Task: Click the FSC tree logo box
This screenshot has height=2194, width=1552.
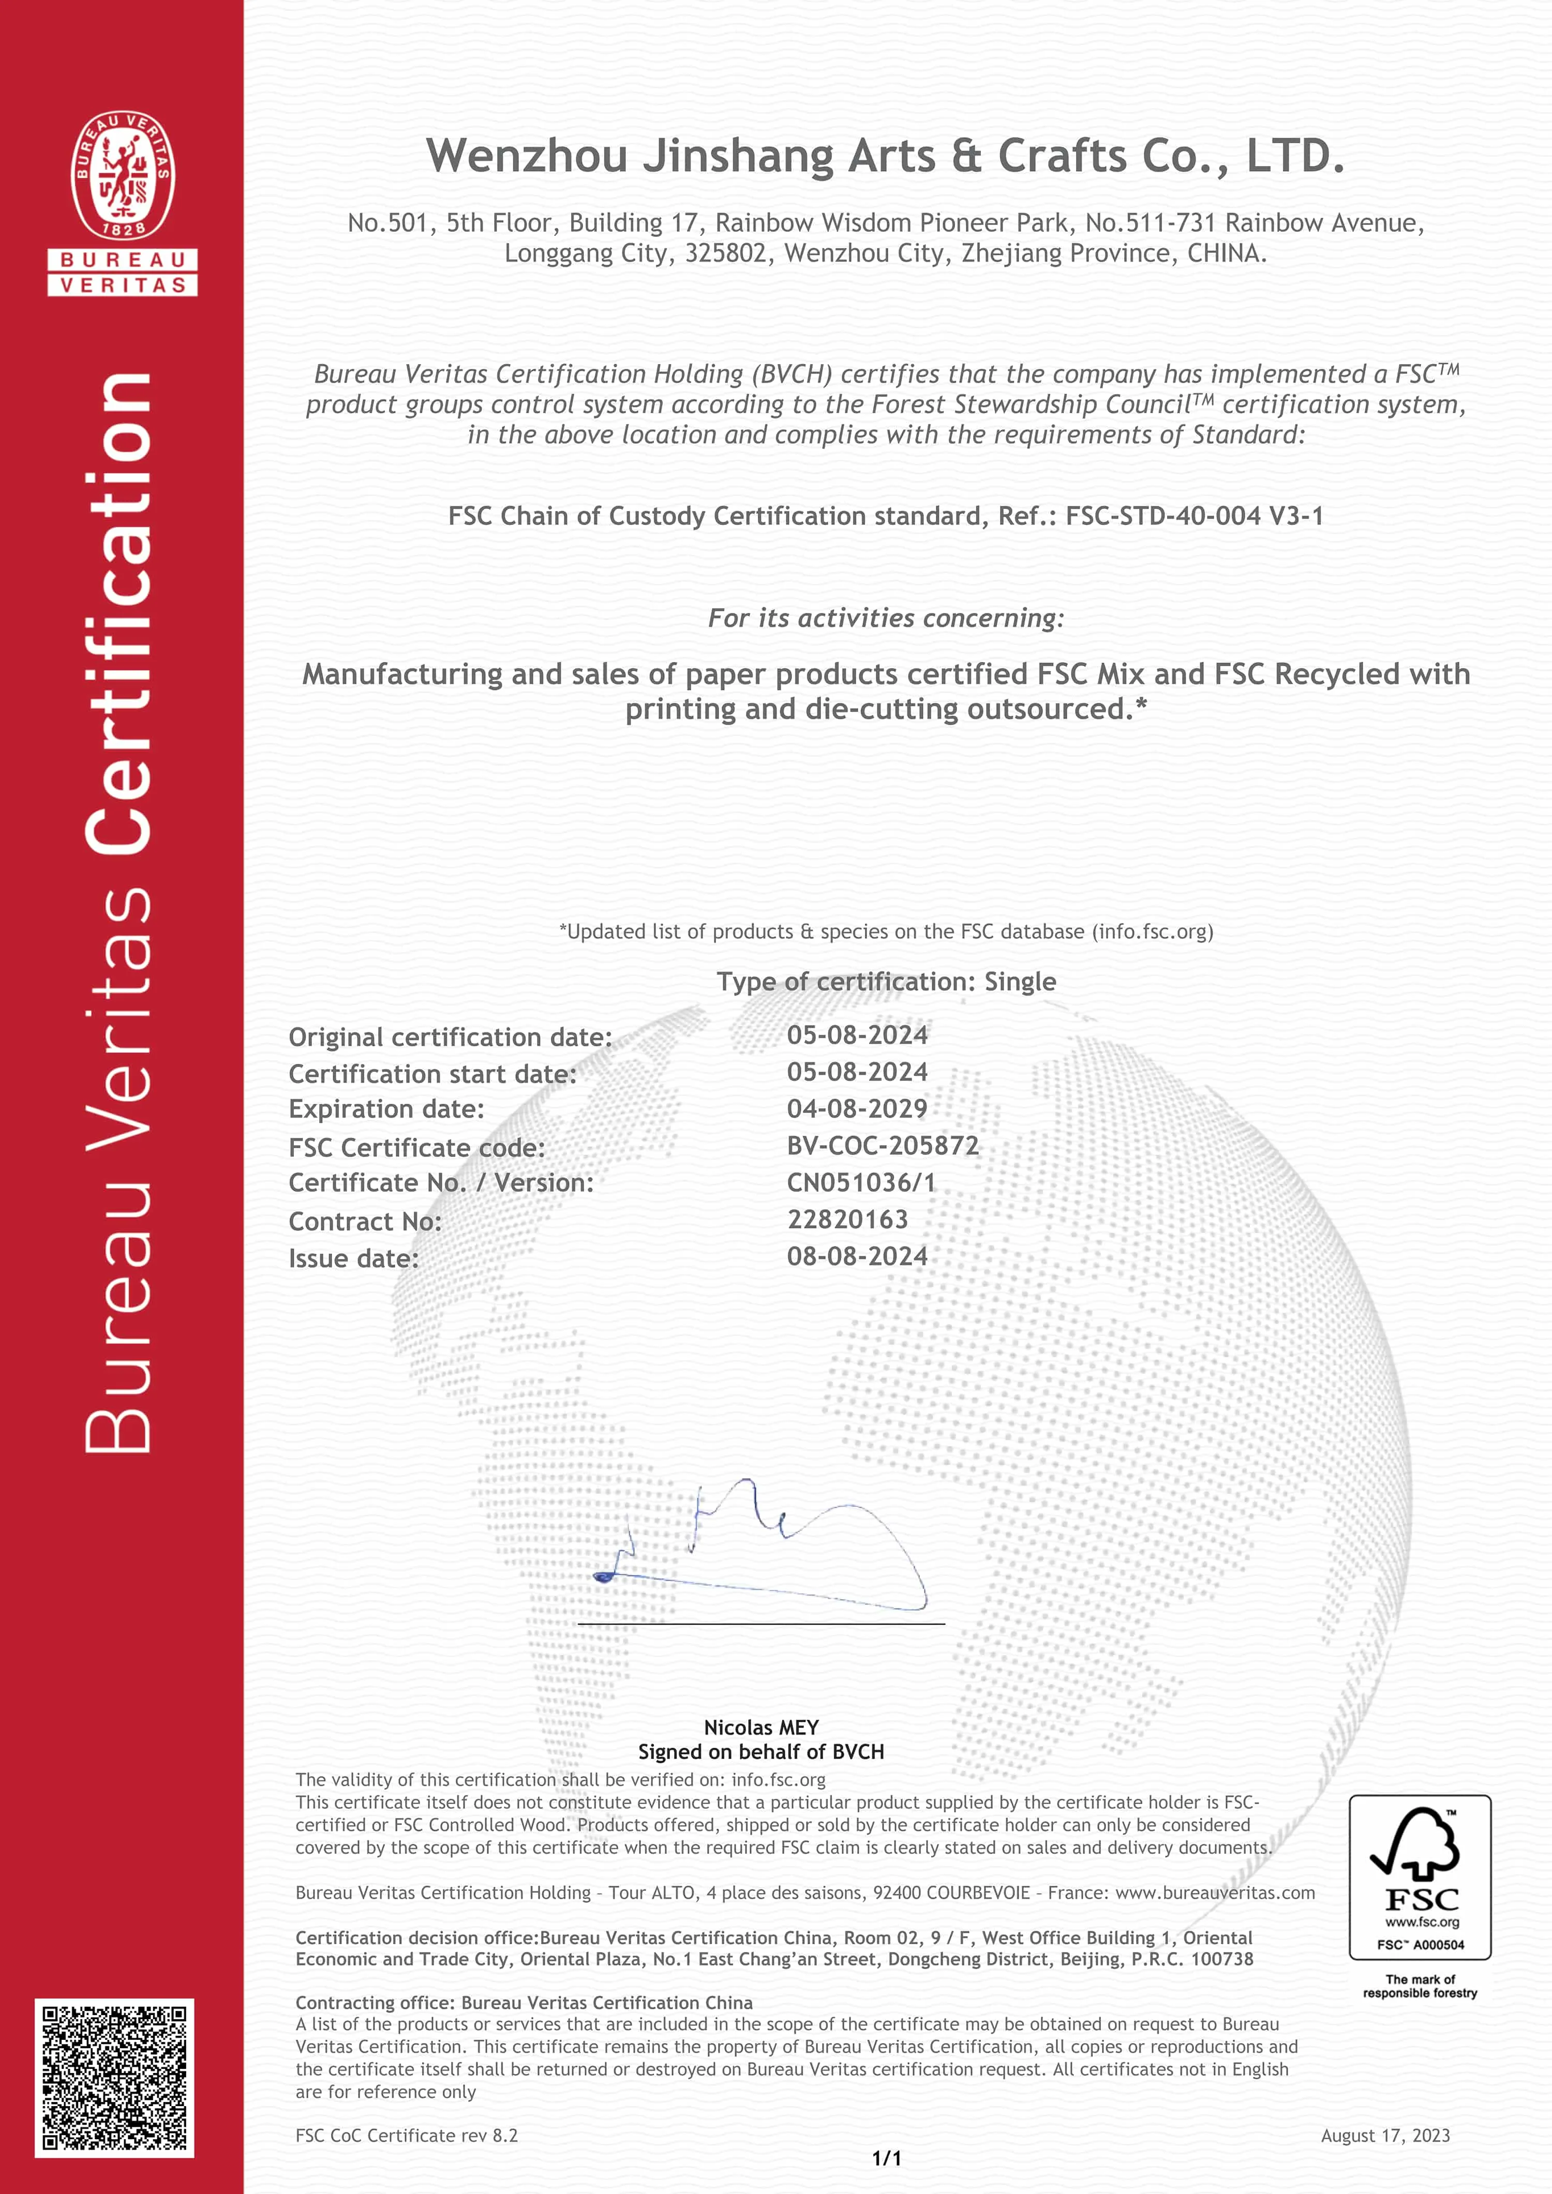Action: point(1419,1877)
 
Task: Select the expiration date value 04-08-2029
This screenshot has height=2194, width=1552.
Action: point(857,1108)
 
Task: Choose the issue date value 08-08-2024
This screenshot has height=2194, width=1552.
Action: point(857,1257)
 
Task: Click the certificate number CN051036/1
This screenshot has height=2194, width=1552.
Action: point(861,1183)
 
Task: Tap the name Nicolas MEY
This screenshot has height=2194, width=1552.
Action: point(760,1727)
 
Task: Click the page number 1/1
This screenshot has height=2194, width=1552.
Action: point(887,2158)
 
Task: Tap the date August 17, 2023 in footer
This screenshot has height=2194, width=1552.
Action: point(1385,2136)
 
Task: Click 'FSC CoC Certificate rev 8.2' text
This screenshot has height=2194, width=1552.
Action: point(406,2136)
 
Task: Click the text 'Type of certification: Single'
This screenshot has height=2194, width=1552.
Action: point(886,982)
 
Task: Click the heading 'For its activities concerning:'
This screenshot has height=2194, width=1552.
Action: point(886,618)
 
